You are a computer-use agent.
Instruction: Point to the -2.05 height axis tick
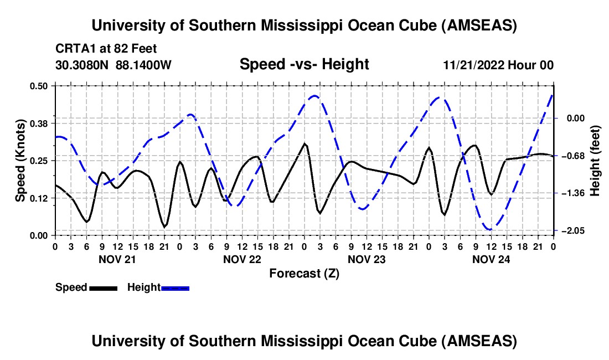(x=574, y=230)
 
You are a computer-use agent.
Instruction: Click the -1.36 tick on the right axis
(x=574, y=193)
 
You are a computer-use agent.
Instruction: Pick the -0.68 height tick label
(x=574, y=156)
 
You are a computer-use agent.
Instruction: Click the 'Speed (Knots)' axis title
(x=20, y=161)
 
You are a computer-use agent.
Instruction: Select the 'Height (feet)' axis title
(x=595, y=161)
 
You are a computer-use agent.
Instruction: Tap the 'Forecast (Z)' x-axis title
(x=304, y=273)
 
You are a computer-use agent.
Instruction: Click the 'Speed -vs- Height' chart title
(x=304, y=64)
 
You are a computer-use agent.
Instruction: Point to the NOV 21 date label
(x=117, y=259)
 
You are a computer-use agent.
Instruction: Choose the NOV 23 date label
(x=366, y=259)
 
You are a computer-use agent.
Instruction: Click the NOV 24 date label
(x=491, y=259)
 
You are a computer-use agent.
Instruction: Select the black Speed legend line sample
(x=103, y=287)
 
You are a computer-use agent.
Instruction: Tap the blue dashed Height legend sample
(x=175, y=287)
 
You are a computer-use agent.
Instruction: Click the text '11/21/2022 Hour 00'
(x=498, y=65)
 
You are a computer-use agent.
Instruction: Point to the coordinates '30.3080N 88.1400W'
(x=113, y=65)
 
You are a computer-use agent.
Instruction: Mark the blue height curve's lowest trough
(x=489, y=229)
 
